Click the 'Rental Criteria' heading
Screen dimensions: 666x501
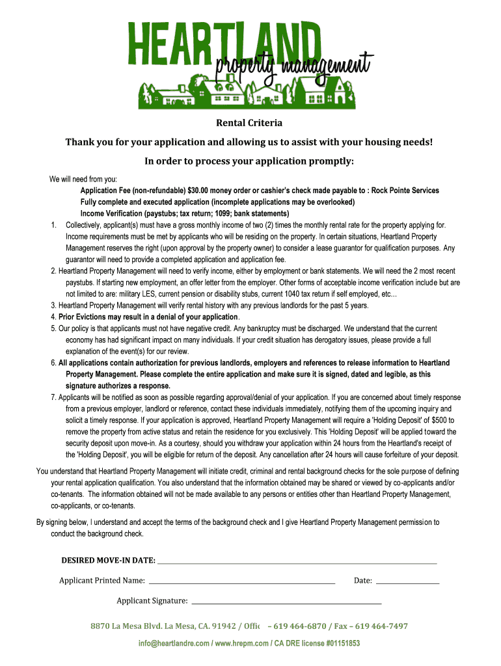[x=249, y=122]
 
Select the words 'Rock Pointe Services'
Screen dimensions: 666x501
[x=405, y=191]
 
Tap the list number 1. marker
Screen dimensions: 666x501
[x=55, y=225]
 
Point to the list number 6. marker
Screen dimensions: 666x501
[x=54, y=363]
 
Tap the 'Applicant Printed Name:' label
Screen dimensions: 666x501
[x=102, y=580]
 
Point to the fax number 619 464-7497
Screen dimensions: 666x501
[x=381, y=626]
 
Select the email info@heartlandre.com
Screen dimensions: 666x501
[x=173, y=644]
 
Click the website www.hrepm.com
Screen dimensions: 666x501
[x=241, y=644]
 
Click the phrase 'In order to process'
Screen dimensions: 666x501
[x=193, y=161]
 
